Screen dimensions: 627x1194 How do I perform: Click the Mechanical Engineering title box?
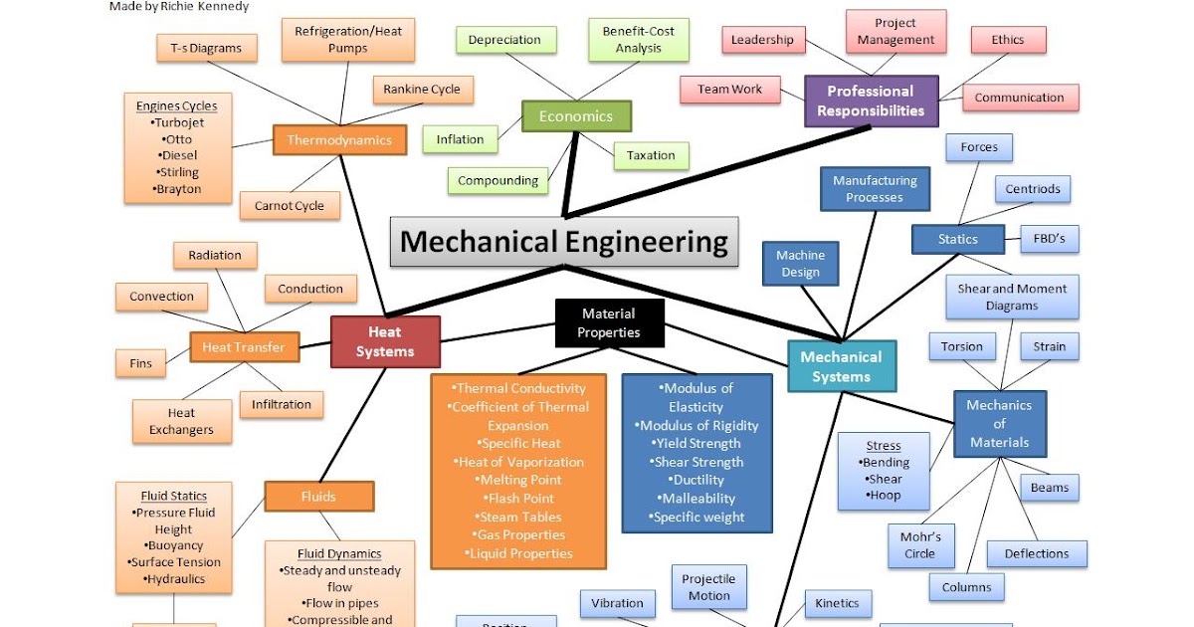coord(563,242)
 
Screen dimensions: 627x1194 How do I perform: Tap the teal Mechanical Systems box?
coord(841,366)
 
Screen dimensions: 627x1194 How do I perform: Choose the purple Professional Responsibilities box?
coord(871,101)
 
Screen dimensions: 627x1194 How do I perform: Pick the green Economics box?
coord(576,116)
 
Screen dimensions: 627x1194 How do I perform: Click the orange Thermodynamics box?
coord(339,140)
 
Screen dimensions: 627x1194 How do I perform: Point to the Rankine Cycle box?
coord(422,90)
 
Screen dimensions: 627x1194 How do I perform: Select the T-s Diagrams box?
coord(206,48)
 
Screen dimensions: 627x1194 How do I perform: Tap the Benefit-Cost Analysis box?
coord(638,40)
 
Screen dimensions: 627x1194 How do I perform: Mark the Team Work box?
coord(729,90)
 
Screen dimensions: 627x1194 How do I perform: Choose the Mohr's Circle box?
coord(920,545)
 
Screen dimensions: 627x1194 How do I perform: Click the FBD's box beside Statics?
coord(1049,239)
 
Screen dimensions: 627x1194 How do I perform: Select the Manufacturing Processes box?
coord(875,189)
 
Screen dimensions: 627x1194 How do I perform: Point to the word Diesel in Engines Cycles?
coord(178,156)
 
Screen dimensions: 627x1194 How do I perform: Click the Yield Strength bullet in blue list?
coord(696,444)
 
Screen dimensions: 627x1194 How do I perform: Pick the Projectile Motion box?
coord(708,587)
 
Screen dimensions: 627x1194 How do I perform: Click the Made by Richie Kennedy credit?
coord(179,7)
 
